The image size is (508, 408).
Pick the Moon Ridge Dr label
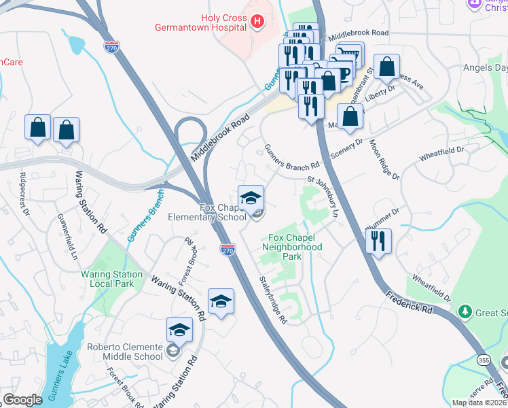click(384, 160)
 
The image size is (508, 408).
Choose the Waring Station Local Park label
click(112, 279)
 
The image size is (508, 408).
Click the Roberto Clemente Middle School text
click(125, 352)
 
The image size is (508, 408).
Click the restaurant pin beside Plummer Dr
click(378, 241)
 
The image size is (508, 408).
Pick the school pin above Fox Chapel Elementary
click(251, 198)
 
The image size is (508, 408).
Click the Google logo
click(22, 400)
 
